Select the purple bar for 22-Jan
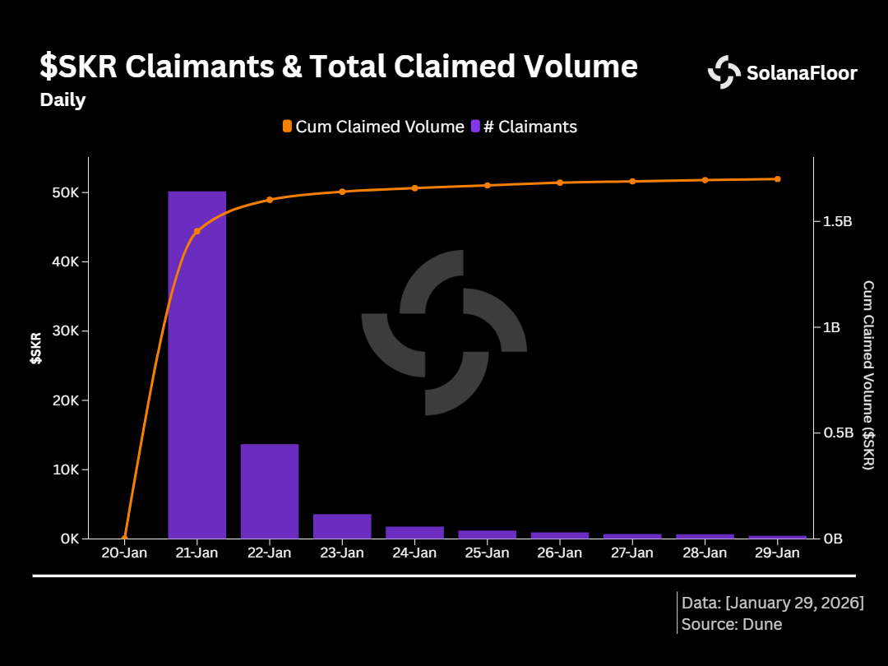pos(270,491)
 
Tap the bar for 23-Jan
pos(342,526)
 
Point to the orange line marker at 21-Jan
pos(197,232)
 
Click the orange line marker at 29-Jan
pos(777,178)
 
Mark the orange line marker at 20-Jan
pos(124,539)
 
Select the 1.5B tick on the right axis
pos(832,222)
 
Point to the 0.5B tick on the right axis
pos(832,432)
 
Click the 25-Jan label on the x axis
pos(487,553)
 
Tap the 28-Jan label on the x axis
pos(705,553)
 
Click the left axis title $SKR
pos(36,348)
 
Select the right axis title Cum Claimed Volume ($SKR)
pos(868,375)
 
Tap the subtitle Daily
pos(62,100)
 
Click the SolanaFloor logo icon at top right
pos(724,72)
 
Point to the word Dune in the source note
pos(762,624)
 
